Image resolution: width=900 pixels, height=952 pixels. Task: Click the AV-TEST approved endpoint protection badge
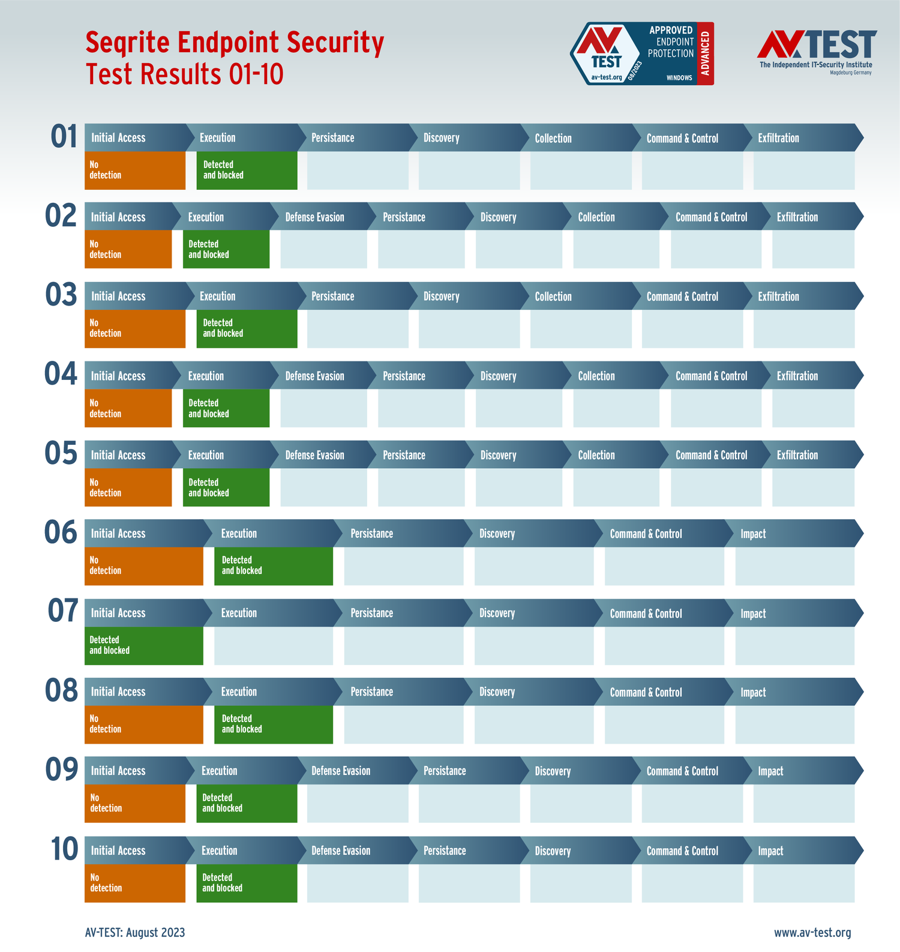point(641,54)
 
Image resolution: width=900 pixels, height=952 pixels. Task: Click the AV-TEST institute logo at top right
point(816,52)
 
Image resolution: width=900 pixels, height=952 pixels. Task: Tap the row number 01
point(64,137)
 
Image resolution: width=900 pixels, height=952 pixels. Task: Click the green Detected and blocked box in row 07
point(143,645)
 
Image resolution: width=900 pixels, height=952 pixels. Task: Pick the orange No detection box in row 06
point(143,565)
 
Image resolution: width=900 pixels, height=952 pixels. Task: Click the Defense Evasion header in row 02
point(314,217)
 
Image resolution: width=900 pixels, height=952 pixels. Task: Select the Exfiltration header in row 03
point(778,297)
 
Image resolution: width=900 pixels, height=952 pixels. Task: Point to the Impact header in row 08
point(753,692)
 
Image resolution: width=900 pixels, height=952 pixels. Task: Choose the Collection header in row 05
point(596,455)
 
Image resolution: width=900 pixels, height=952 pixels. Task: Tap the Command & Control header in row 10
point(682,851)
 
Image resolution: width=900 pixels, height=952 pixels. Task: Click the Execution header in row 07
point(239,613)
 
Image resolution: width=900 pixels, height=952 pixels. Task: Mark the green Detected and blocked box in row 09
point(247,803)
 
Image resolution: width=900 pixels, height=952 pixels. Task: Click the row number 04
point(61,375)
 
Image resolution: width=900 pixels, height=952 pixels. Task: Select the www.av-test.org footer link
point(812,932)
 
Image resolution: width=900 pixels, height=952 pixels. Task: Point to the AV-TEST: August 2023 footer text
point(135,932)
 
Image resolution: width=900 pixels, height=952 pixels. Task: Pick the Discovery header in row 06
point(497,534)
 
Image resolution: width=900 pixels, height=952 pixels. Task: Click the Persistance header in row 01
point(332,138)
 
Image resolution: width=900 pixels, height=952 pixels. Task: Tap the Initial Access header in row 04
point(118,376)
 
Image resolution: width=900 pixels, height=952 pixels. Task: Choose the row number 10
point(64,849)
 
